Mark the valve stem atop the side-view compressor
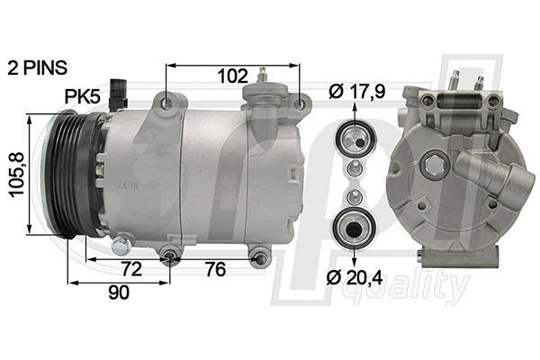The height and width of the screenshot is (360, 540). tap(264, 74)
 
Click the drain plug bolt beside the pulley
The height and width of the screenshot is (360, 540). tap(121, 243)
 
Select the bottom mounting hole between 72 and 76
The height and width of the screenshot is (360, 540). tap(171, 259)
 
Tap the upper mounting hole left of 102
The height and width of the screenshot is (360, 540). tap(167, 107)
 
